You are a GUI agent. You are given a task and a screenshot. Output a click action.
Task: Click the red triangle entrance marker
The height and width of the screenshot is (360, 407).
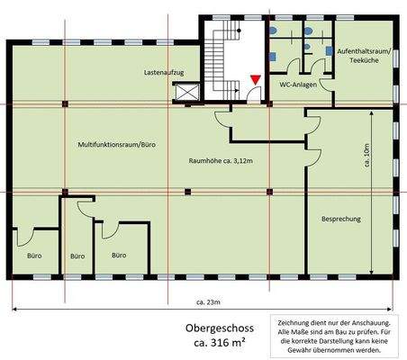coord(256,81)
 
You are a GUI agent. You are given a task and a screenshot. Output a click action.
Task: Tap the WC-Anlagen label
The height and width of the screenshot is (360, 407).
coord(297,84)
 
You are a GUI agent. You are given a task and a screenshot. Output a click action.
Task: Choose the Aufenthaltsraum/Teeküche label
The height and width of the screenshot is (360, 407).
coord(363,59)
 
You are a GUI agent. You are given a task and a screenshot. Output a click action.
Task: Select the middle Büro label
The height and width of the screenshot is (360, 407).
coord(78,256)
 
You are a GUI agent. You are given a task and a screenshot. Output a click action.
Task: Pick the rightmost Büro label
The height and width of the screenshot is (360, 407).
coord(119,255)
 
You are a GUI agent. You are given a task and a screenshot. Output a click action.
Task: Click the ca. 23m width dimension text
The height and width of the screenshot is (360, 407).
coord(210,303)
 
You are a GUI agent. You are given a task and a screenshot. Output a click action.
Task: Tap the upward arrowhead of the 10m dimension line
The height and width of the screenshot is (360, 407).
coord(372,112)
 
